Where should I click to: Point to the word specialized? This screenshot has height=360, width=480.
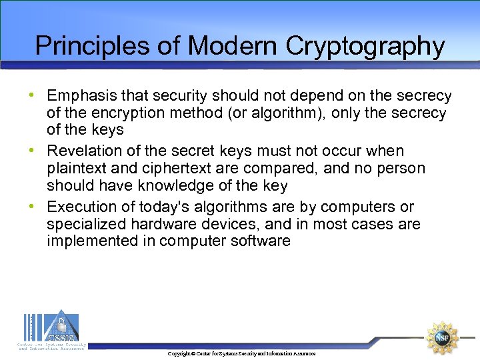point(87,224)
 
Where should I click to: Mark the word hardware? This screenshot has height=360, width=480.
point(162,224)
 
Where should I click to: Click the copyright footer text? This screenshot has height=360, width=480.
point(241,353)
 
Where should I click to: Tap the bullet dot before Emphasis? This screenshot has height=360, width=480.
point(32,95)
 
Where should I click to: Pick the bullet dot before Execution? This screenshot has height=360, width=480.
point(32,206)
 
